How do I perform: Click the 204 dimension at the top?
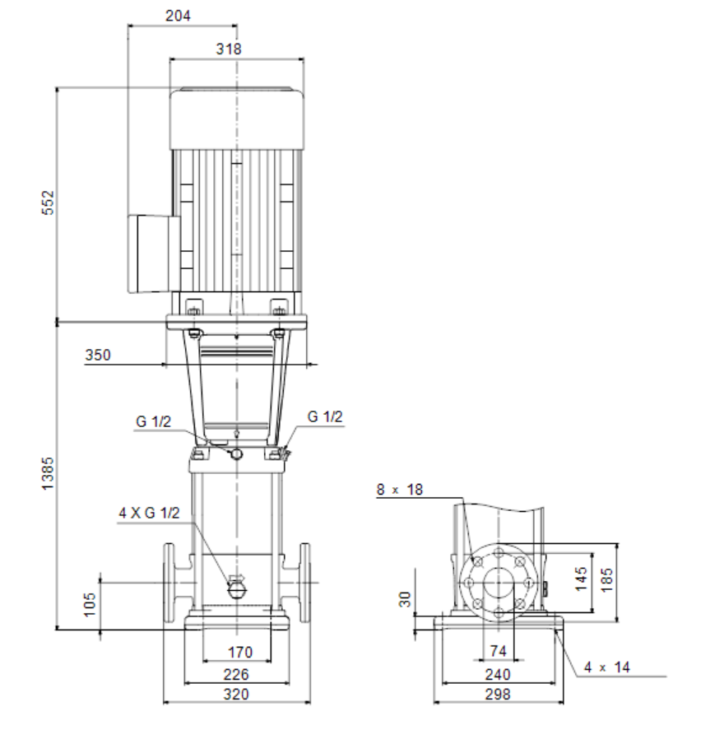pyautogui.click(x=178, y=16)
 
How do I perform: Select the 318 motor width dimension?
pyautogui.click(x=229, y=49)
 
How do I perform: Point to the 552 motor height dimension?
pyautogui.click(x=48, y=202)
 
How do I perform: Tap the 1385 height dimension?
pyautogui.click(x=48, y=473)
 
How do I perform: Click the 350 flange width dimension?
pyautogui.click(x=98, y=356)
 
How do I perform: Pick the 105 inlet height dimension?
pyautogui.click(x=90, y=604)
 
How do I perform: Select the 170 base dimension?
pyautogui.click(x=239, y=653)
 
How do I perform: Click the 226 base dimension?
pyautogui.click(x=236, y=674)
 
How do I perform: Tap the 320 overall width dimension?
pyautogui.click(x=236, y=694)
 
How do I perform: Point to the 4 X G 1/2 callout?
pyautogui.click(x=149, y=513)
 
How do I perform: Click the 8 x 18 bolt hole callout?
pyautogui.click(x=399, y=490)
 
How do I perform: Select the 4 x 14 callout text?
pyautogui.click(x=607, y=667)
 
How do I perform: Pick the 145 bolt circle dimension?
pyautogui.click(x=581, y=579)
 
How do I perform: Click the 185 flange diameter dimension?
pyautogui.click(x=606, y=579)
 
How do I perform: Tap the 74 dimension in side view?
pyautogui.click(x=498, y=651)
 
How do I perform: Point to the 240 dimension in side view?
pyautogui.click(x=498, y=674)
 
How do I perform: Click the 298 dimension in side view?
pyautogui.click(x=498, y=694)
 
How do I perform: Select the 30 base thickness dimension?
pyautogui.click(x=405, y=599)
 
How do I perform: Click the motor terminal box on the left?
pyautogui.click(x=154, y=253)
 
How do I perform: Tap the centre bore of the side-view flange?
pyautogui.click(x=499, y=583)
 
